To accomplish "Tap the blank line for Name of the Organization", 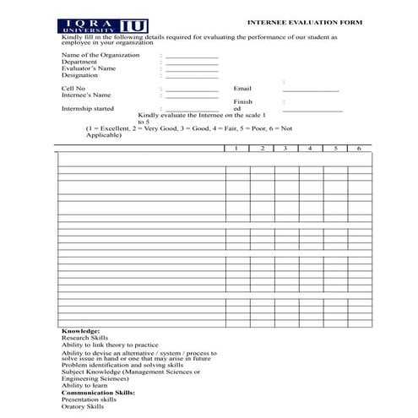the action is coord(192,57).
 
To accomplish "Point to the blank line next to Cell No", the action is coord(192,90).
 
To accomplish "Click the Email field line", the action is coord(311,90).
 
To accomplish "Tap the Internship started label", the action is coord(88,108).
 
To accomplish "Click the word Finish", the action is coord(243,101).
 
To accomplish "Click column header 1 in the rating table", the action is coord(237,148).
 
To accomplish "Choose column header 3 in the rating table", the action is coord(285,148).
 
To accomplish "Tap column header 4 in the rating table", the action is coord(310,148).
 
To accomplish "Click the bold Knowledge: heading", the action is coord(81,331).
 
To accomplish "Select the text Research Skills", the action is coord(85,338).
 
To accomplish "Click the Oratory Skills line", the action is coord(83,406).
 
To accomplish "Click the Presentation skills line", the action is coord(89,399).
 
